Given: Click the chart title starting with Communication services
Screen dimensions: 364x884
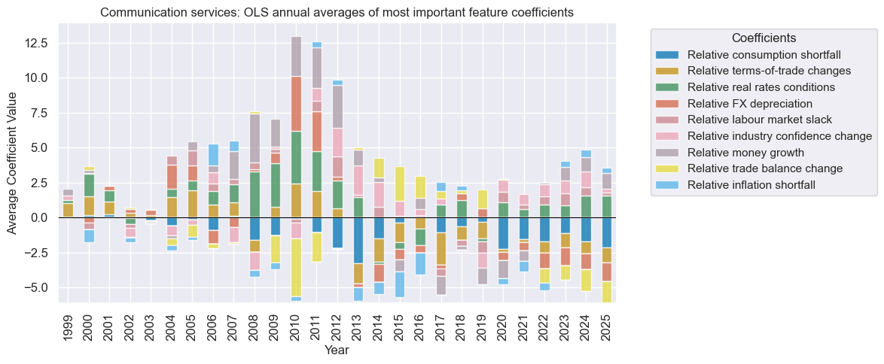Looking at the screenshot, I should pyautogui.click(x=337, y=12).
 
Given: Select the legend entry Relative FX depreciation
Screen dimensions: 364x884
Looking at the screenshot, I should pyautogui.click(x=760, y=103).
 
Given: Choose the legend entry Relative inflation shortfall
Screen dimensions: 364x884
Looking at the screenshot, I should pyautogui.click(x=755, y=184).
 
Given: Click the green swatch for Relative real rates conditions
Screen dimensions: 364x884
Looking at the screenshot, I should pyautogui.click(x=668, y=87).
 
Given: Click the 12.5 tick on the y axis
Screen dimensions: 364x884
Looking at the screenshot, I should pyautogui.click(x=37, y=44).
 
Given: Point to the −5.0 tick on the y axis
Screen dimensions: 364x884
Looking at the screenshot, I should pyautogui.click(x=37, y=287).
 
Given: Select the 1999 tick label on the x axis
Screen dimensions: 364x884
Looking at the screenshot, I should pyautogui.click(x=69, y=324).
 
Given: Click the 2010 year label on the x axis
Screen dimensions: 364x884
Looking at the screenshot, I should pyautogui.click(x=296, y=324).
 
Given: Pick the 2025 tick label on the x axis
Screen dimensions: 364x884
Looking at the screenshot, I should pyautogui.click(x=606, y=324).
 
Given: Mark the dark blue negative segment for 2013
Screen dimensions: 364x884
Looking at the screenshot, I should pyautogui.click(x=358, y=240).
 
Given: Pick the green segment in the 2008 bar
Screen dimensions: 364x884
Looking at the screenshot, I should pyautogui.click(x=255, y=195).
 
